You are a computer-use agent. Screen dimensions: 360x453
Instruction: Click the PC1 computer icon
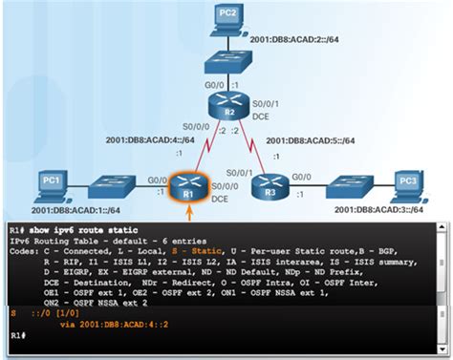pyautogui.click(x=52, y=183)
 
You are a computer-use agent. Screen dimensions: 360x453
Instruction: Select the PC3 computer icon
pyautogui.click(x=404, y=182)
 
